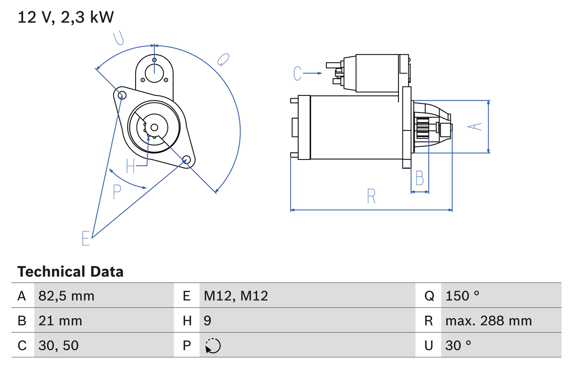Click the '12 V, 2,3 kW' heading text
66,17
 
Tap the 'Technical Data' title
70,271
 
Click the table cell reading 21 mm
60,321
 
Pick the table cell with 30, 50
59,345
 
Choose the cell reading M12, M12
236,296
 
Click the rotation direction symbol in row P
213,346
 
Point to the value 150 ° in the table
462,296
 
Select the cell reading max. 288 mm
488,321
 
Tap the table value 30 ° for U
458,345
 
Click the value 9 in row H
208,321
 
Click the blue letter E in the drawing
86,238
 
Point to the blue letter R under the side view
371,196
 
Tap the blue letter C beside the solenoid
298,73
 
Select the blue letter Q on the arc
223,60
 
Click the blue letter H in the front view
130,166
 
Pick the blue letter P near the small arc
117,192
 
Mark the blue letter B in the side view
419,178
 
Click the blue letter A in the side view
477,127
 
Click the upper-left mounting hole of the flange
120,94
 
